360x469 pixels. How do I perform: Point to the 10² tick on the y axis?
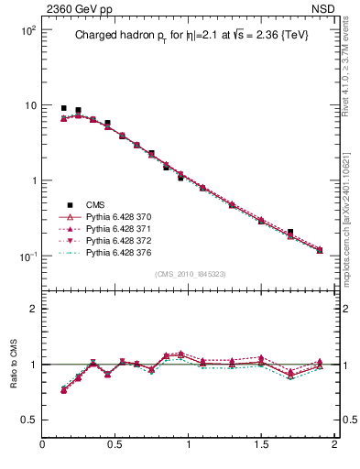[x=27, y=30]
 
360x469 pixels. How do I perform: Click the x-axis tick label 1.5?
[x=261, y=445]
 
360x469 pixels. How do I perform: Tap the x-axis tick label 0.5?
[x=115, y=445]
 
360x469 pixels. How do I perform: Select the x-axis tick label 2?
[x=334, y=445]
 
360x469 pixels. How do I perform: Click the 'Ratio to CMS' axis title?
[x=14, y=365]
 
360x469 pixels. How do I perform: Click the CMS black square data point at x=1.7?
[x=290, y=233]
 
